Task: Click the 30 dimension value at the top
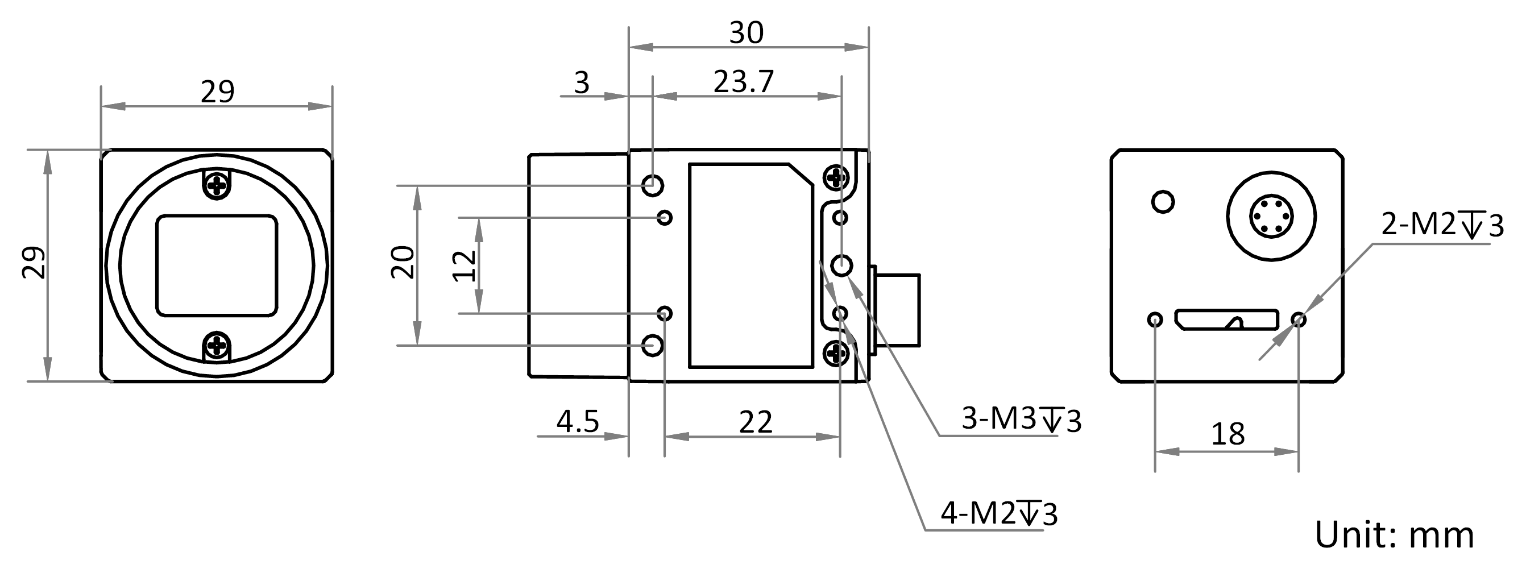coord(746,33)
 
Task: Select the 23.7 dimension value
coord(744,82)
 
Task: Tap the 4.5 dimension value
coord(578,422)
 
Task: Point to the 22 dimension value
coord(755,423)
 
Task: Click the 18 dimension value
coord(1228,435)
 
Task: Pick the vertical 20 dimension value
coord(403,262)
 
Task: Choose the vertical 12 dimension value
coord(465,266)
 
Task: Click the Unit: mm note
coord(1395,536)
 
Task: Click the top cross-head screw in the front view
coord(217,185)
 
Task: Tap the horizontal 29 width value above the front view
coord(217,92)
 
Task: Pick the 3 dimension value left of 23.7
coord(582,83)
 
